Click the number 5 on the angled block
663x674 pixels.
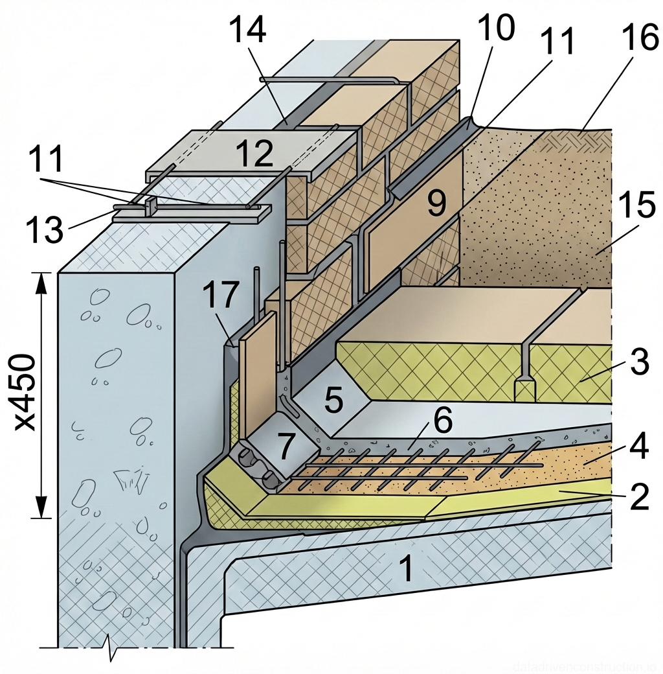point(333,401)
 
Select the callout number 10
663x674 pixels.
point(496,28)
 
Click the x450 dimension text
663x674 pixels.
point(26,393)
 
